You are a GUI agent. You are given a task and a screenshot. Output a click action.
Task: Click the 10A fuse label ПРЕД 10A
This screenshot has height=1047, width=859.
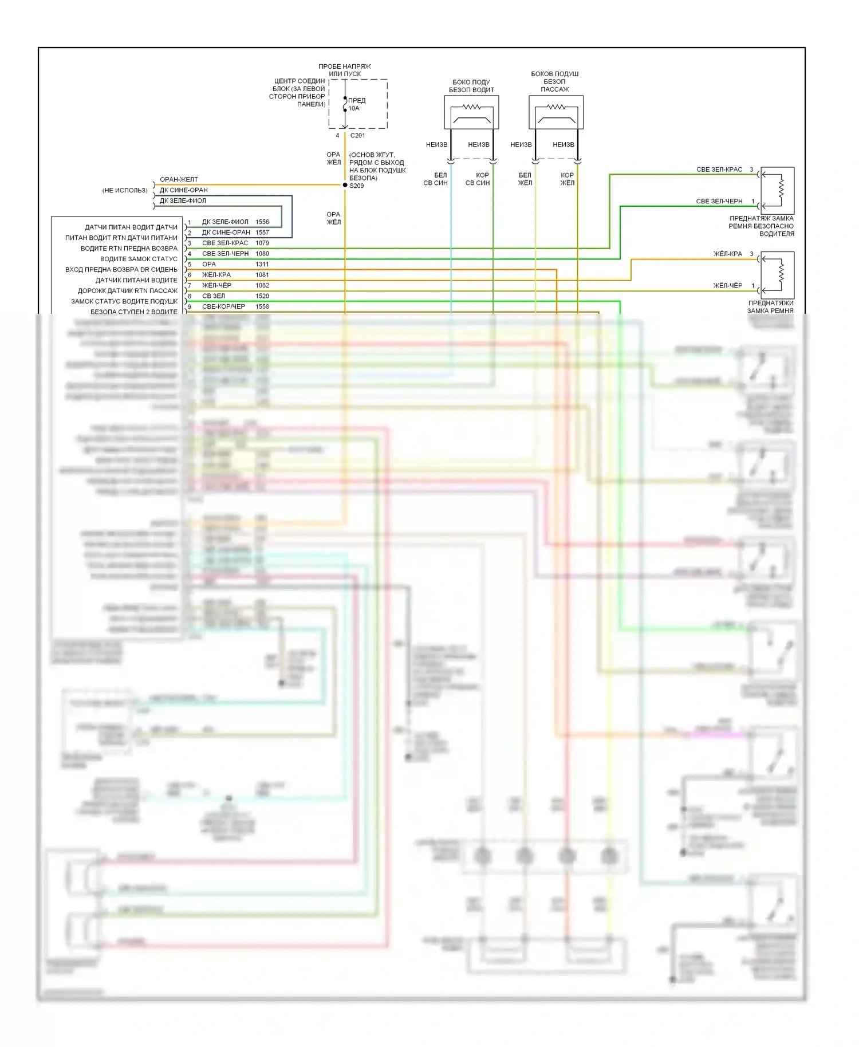[356, 104]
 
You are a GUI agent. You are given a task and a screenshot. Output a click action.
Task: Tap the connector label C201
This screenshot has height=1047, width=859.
[357, 135]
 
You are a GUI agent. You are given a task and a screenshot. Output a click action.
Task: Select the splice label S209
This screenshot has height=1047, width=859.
[356, 186]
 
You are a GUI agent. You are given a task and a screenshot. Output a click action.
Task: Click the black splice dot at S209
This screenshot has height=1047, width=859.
[345, 185]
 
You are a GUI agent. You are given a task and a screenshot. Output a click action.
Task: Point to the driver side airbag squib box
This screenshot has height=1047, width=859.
[471, 112]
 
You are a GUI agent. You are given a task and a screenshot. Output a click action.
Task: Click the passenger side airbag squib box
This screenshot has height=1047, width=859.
[556, 112]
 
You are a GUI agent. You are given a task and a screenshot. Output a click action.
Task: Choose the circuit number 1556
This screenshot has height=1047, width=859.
[262, 222]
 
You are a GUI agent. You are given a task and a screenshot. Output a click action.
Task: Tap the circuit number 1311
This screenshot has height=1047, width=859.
[262, 264]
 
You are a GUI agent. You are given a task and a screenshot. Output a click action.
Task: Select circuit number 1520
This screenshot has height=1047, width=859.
[262, 296]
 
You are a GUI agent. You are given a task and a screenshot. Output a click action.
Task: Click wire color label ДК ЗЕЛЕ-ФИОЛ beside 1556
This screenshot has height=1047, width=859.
[225, 222]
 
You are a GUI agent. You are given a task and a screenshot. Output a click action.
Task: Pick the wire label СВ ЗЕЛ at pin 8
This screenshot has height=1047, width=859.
[214, 296]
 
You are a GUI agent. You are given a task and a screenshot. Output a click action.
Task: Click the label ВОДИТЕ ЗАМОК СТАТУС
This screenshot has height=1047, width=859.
[139, 259]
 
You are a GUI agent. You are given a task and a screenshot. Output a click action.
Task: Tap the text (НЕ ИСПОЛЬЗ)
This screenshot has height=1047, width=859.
[125, 190]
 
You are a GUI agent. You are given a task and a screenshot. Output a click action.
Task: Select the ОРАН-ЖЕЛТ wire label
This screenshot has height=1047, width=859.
[179, 179]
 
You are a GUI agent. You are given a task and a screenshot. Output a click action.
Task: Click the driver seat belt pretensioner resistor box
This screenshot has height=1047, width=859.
[777, 190]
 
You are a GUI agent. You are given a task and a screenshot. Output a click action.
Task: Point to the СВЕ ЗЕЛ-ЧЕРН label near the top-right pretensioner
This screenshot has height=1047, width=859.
[719, 201]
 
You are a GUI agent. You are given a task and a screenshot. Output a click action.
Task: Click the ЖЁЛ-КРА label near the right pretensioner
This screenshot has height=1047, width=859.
[727, 254]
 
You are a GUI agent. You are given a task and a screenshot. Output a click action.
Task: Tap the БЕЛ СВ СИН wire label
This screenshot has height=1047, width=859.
[436, 179]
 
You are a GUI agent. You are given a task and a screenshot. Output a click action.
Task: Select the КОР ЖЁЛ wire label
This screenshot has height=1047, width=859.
[567, 179]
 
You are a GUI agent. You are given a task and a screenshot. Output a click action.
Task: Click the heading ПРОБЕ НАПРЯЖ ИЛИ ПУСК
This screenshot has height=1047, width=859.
[345, 70]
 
